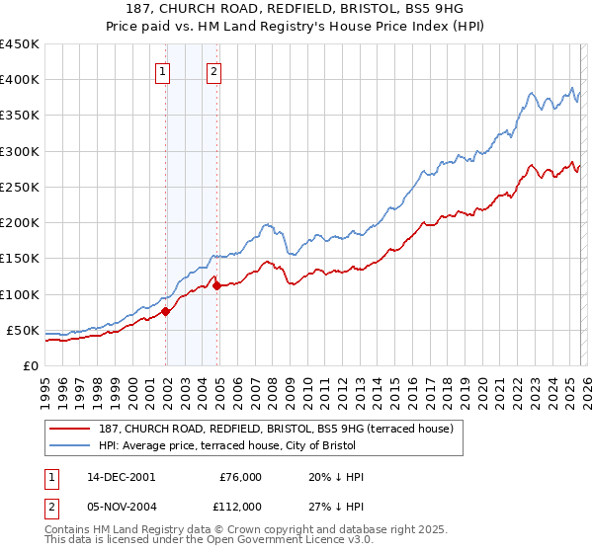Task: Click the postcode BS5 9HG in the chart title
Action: pos(422,9)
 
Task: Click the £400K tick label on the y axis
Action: pos(19,80)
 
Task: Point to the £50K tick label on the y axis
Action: pos(23,330)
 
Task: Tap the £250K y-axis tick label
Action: pos(19,187)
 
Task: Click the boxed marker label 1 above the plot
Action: pos(162,70)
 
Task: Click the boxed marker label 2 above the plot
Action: pos(213,70)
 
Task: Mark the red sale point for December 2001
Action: pos(166,311)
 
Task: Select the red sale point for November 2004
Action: pos(216,285)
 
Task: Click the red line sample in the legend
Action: pos(70,429)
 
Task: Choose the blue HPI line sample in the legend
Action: pos(70,445)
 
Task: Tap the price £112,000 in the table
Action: pos(240,506)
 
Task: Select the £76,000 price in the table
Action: pos(240,477)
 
